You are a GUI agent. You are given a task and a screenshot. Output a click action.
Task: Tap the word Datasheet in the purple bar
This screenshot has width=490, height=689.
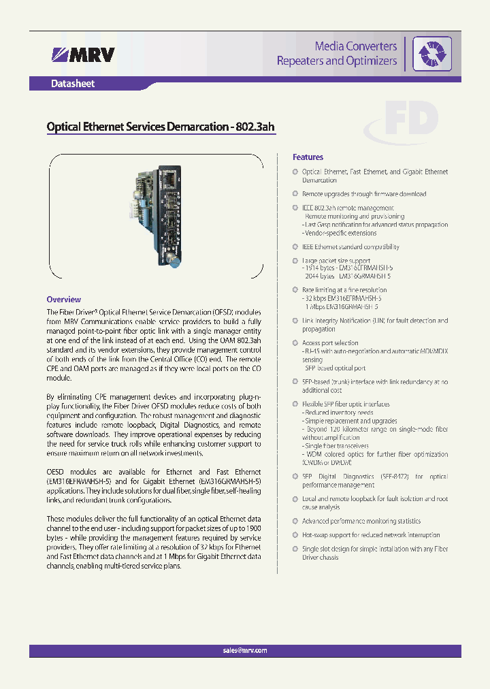(x=73, y=84)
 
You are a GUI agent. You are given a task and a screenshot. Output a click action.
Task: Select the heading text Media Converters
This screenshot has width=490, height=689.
(x=355, y=46)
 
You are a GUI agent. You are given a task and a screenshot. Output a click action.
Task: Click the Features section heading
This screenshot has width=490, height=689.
(x=308, y=157)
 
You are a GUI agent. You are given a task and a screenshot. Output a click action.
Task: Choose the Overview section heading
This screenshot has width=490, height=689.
(x=63, y=300)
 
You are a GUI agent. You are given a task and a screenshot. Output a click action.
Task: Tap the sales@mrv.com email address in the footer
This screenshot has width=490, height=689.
(x=245, y=650)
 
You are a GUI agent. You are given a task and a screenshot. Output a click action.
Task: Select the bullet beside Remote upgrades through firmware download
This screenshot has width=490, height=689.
(x=295, y=194)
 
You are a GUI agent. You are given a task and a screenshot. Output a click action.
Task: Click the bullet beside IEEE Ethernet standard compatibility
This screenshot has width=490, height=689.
(x=295, y=247)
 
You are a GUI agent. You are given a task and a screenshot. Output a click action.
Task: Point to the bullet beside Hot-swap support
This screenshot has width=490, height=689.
(x=295, y=535)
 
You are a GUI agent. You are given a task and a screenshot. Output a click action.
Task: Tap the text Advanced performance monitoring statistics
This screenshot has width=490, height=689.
(x=361, y=522)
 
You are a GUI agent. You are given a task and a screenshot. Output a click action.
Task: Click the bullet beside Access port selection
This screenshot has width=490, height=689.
(x=295, y=343)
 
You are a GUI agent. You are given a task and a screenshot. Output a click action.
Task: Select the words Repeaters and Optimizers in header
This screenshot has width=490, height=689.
(x=336, y=61)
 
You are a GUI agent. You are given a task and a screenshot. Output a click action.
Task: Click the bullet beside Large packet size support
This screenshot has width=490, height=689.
(x=295, y=261)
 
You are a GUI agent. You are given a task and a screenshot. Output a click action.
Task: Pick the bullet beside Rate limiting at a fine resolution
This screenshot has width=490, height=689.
(x=295, y=290)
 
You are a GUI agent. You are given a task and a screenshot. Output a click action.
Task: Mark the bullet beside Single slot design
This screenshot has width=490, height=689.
(x=295, y=549)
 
